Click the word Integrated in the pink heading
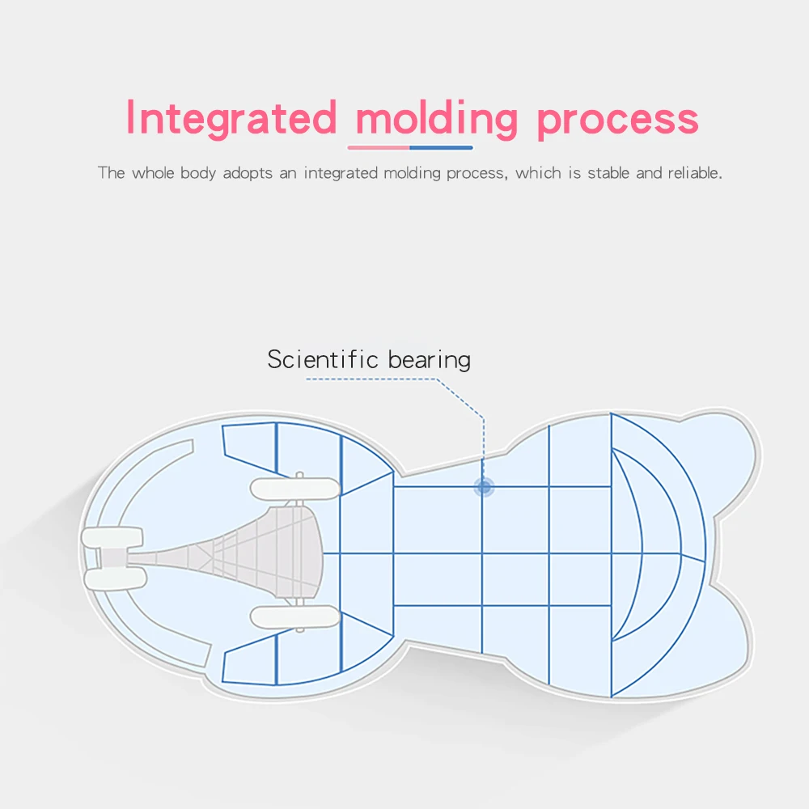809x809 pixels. tap(231, 118)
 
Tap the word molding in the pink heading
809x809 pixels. tap(436, 120)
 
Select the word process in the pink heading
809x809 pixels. tap(616, 120)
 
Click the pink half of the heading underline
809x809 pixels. tap(379, 148)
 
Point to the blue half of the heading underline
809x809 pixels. tap(441, 148)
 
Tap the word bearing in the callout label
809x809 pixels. tap(429, 360)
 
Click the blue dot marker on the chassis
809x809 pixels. tap(484, 487)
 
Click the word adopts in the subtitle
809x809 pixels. tap(248, 172)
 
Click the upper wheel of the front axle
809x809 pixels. tap(113, 537)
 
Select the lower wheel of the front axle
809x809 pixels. tap(114, 577)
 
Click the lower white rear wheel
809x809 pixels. tap(293, 617)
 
